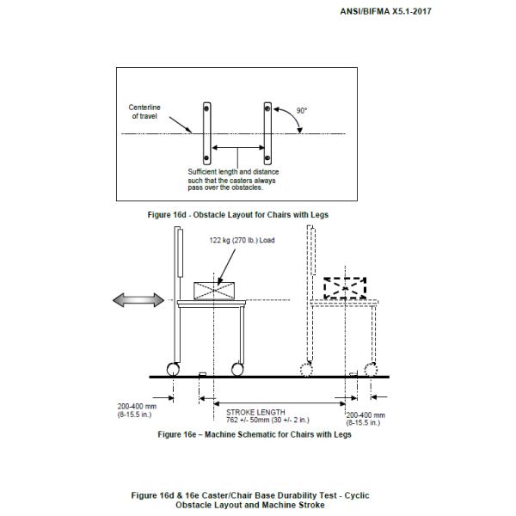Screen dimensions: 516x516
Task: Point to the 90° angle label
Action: coord(301,111)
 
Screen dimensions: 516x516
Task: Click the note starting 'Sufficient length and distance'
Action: coord(233,179)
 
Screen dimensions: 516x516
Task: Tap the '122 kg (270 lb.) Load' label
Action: coord(242,240)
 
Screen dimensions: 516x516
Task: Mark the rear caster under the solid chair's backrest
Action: coord(174,369)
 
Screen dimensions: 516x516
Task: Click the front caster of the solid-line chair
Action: coord(237,369)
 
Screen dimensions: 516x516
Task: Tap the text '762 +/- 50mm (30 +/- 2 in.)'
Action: coord(267,420)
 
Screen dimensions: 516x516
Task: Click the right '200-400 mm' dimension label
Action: coord(365,418)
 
